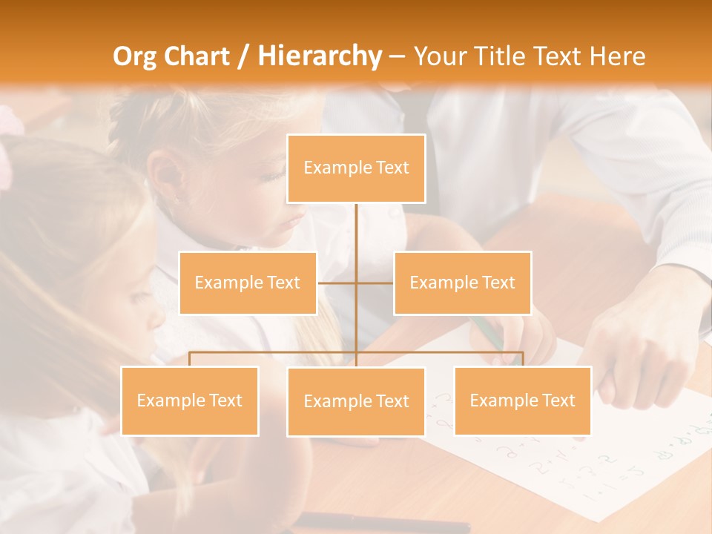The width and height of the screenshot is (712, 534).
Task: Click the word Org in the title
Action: coord(134,56)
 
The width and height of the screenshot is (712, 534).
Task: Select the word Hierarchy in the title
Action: coord(320,56)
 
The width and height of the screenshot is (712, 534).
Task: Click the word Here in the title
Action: coord(617,56)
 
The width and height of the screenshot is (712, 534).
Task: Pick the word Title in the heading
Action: coord(504,56)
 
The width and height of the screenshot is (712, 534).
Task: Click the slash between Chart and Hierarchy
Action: coord(243,56)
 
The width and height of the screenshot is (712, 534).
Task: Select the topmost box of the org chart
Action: coord(356,168)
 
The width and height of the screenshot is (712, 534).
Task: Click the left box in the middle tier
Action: coord(248,283)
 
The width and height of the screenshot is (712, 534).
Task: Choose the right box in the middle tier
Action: coord(462,283)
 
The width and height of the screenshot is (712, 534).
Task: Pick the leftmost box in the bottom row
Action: coord(189,400)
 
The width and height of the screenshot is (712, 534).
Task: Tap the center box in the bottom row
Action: coord(356,401)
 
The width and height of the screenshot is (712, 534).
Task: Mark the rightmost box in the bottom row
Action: coord(523,400)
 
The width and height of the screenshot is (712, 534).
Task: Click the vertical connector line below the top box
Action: coord(356,237)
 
